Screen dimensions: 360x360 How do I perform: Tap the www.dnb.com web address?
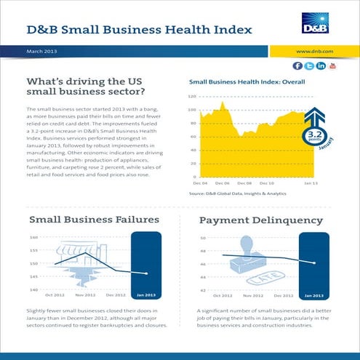(x=315, y=52)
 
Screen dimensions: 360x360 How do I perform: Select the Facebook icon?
(x=297, y=66)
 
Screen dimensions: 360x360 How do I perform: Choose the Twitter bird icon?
(x=309, y=66)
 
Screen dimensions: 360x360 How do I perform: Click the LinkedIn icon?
(x=321, y=66)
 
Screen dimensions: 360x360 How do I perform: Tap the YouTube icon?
(x=332, y=66)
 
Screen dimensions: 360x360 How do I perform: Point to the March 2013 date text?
(x=41, y=52)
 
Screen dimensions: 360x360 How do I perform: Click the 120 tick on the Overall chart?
(x=193, y=96)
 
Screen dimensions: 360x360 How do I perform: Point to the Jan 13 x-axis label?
(x=311, y=185)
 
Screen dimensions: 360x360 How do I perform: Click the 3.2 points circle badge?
(x=313, y=136)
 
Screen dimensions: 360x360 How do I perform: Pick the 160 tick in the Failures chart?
(x=34, y=238)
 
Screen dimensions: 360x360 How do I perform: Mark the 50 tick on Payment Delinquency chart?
(x=203, y=238)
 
